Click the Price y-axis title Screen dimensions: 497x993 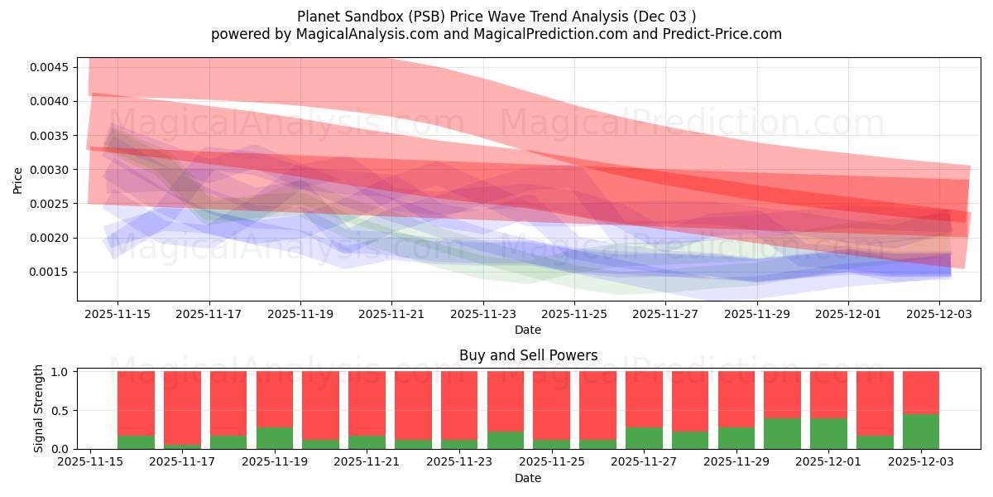coord(18,179)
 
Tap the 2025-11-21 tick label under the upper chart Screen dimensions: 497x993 coord(392,314)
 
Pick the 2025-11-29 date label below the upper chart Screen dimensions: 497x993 coord(757,314)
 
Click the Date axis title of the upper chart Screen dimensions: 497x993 coord(528,330)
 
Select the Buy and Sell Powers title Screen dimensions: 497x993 coord(528,355)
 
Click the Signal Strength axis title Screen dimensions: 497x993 coord(39,409)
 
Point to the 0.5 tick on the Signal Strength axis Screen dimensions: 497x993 coord(60,410)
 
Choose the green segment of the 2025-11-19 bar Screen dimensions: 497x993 coord(275,438)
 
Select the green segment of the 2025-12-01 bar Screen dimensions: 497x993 coord(828,433)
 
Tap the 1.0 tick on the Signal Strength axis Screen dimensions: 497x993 coord(60,372)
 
